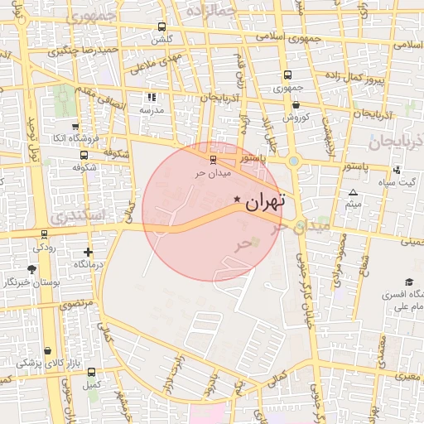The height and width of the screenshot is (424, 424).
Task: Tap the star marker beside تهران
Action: coord(238,200)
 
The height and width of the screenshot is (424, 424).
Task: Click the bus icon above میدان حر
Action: coord(213,159)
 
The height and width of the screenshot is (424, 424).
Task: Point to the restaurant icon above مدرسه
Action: coord(151,97)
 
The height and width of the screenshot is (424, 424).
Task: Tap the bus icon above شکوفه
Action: coord(84,154)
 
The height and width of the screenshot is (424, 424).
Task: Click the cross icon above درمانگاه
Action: coord(89,252)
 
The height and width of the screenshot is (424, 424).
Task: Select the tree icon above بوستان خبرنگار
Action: coord(32,269)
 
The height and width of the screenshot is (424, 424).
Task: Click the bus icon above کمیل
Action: coord(90,373)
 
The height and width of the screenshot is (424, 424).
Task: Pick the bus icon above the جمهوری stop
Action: coord(287,74)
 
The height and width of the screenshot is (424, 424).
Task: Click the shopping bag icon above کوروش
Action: coord(296,104)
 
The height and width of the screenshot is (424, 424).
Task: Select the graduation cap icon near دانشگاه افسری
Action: coord(409,282)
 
